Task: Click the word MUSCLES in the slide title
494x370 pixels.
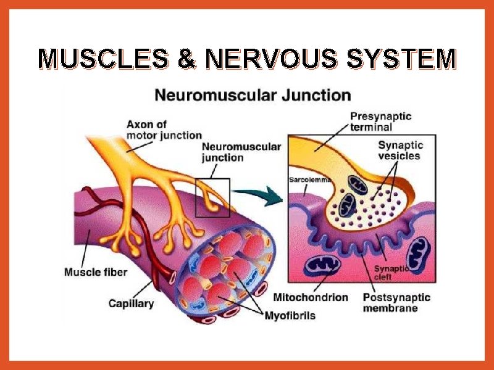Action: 103,59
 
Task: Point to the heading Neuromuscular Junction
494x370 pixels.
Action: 253,96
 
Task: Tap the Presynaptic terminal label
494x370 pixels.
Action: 380,121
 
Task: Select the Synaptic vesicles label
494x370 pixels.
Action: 400,151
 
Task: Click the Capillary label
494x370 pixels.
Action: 131,303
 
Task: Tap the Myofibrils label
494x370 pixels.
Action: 290,316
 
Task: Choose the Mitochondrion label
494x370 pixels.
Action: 310,297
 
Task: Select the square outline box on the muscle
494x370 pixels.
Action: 212,197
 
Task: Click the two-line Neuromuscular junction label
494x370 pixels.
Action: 241,152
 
